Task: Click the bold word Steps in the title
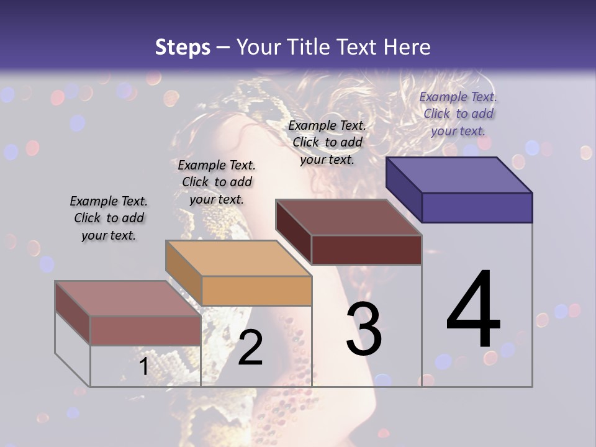coord(183,47)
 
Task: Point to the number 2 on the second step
coord(250,348)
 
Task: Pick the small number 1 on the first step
coord(143,366)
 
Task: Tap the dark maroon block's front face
coord(366,250)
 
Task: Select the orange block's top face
coord(238,258)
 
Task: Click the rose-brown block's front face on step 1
coord(145,330)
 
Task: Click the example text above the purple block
coord(458,114)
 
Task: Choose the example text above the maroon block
coord(327,142)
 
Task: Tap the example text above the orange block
coord(217,182)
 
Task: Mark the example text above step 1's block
coord(109,218)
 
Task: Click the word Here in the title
coord(407,47)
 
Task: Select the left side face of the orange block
coord(184,272)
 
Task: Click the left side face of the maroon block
coord(294,231)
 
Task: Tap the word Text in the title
coord(358,47)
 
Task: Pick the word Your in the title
coord(259,47)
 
